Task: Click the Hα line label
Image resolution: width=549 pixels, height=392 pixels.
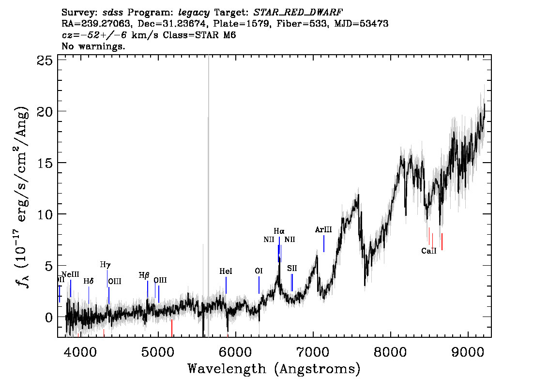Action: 279,231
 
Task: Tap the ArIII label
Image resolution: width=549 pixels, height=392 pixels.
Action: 323,229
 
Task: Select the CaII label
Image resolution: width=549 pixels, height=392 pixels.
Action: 429,251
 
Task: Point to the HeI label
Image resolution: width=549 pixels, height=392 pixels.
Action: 226,271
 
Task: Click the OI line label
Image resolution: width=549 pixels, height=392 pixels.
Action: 259,271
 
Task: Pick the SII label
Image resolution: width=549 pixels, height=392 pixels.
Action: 292,269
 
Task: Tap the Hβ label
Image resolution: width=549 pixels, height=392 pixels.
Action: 144,275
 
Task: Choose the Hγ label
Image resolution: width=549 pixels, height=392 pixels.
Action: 106,265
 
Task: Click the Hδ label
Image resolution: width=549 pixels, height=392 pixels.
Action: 89,281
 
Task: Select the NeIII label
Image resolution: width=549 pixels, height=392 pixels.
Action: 70,274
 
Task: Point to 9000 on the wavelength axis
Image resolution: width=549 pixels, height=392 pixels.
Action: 468,352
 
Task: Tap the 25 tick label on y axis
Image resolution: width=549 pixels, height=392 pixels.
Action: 45,60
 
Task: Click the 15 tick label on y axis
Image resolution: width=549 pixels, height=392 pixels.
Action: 45,163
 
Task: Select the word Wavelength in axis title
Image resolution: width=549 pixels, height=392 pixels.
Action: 227,369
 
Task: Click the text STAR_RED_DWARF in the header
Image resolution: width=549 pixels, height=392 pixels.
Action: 298,13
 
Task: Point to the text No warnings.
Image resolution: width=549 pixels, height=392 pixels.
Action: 93,46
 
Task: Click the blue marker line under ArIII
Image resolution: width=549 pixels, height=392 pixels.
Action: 324,243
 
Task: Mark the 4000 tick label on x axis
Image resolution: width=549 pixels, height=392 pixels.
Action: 80,352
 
